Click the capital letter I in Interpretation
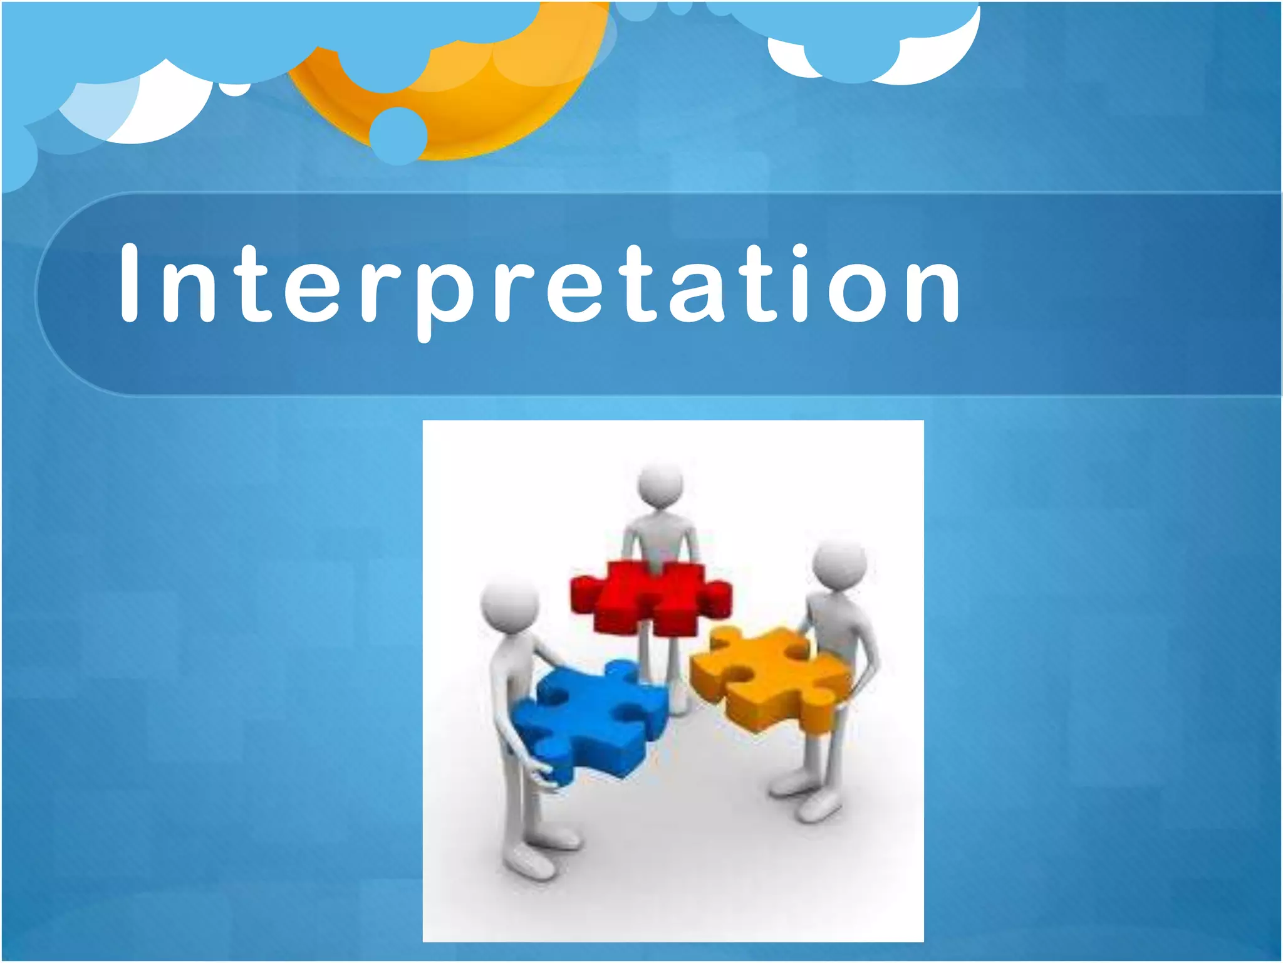[129, 283]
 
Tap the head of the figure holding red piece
[660, 486]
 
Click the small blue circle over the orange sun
[398, 135]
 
